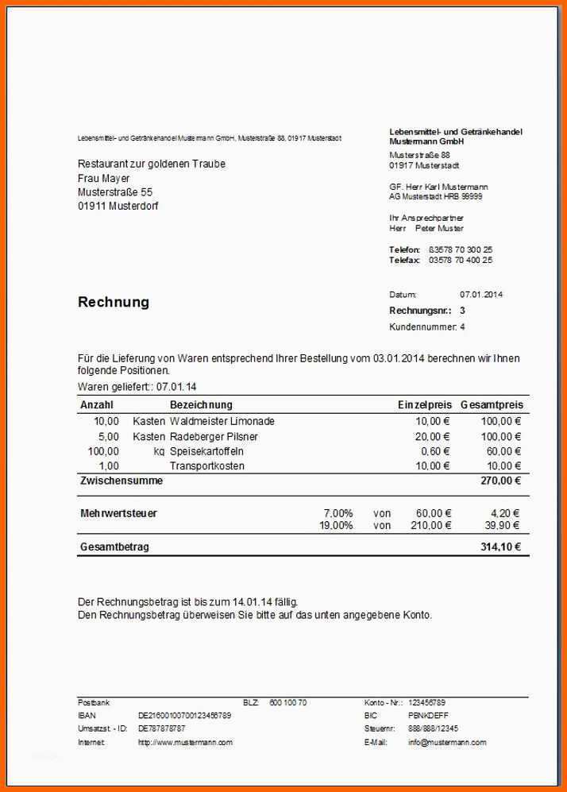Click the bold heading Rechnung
click(114, 303)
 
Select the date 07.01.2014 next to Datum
click(481, 295)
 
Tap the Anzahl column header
click(97, 405)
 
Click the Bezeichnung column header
click(201, 405)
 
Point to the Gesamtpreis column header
click(492, 405)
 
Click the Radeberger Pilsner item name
click(214, 437)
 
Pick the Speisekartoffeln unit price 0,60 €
click(434, 452)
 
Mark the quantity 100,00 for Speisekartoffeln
click(103, 452)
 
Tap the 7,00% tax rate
click(338, 513)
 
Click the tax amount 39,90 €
click(503, 525)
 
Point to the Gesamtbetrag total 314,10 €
click(500, 547)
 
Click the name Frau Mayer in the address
click(104, 178)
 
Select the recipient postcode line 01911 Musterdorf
click(118, 207)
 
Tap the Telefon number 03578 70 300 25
click(461, 249)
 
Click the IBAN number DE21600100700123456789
click(185, 716)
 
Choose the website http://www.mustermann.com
click(185, 743)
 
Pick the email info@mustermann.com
click(447, 743)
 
